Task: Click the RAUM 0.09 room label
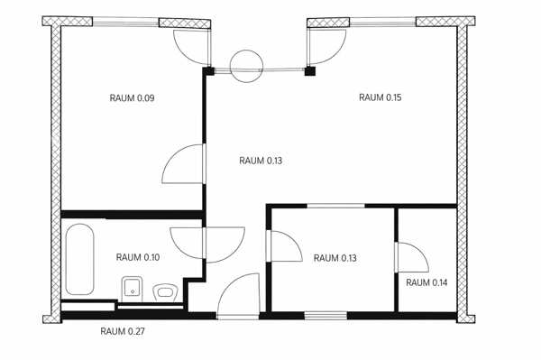click(132, 97)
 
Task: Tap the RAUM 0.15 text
click(381, 97)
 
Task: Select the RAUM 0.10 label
click(138, 258)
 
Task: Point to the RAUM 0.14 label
click(426, 283)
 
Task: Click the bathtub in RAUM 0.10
click(78, 260)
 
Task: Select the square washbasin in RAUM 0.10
click(132, 289)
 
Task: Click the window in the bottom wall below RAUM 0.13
click(326, 315)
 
